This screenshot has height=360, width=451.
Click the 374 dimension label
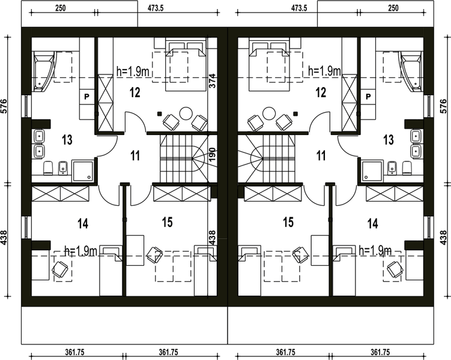coord(212,82)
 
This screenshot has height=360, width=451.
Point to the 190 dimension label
coord(212,155)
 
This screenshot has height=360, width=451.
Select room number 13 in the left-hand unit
coord(67,140)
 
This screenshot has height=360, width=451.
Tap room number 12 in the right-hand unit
coord(321,92)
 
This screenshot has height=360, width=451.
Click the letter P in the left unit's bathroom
coord(86,97)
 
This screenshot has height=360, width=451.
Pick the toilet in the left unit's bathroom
coord(48,168)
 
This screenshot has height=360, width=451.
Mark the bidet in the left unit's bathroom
coord(62,168)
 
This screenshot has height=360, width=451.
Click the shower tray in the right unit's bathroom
coord(372,172)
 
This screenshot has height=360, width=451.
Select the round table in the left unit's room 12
coord(186,114)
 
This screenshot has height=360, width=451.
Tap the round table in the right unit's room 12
coord(269,114)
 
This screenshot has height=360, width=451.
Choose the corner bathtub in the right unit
coord(412,71)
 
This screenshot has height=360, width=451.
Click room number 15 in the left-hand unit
coord(167,222)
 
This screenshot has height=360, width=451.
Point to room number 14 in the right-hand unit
coord(373,223)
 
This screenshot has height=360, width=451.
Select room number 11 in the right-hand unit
coord(321,155)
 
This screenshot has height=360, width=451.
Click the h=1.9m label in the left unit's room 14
coord(81,251)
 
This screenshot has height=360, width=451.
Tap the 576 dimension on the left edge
coord(4,106)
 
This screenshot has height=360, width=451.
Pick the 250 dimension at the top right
coord(393,8)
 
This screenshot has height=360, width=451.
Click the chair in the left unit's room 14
coord(60,269)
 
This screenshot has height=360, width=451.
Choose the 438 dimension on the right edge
coord(443,238)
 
